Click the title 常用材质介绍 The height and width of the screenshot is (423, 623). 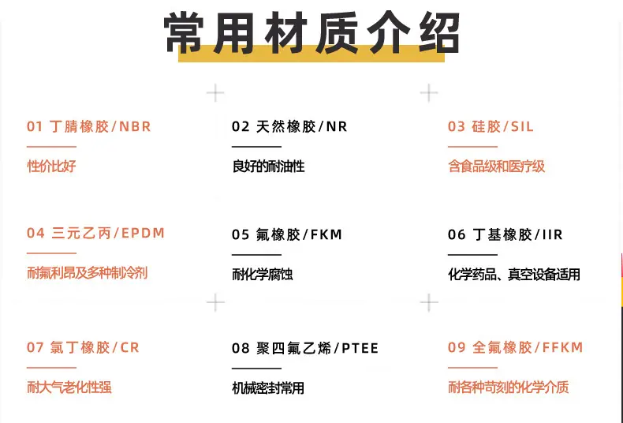coord(312,32)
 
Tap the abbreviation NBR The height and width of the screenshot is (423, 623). coord(135,126)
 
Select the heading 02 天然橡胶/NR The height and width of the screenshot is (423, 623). coord(289,126)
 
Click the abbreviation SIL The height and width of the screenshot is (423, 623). coord(522,126)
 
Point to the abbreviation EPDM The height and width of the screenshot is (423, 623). coord(143,233)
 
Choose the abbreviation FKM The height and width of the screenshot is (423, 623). coord(326,234)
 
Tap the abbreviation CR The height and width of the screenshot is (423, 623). coord(129,347)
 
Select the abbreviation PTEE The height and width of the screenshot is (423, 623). coord(360,348)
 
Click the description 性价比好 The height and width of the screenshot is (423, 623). coord(51,167)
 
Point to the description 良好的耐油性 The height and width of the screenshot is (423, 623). coord(269,167)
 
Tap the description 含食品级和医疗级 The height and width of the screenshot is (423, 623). coord(496,167)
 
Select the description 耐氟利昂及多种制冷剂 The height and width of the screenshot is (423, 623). coord(87,273)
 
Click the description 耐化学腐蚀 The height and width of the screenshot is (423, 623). coord(263,275)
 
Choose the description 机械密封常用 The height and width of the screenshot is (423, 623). coord(268,388)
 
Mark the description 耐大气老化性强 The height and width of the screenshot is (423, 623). coord(69,387)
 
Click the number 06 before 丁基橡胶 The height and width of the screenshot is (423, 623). coord(457,234)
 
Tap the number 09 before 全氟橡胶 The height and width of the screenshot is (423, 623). coord(457,347)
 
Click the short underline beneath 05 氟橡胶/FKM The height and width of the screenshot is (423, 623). coord(256,255)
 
